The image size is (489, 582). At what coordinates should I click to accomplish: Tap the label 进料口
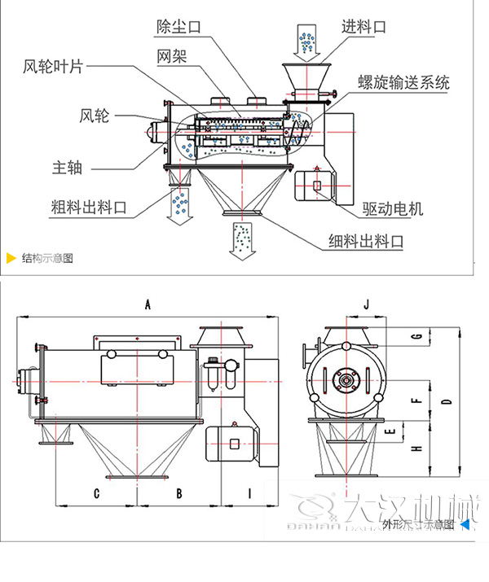coord(364,27)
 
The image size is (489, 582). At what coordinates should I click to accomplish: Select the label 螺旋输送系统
coord(403,82)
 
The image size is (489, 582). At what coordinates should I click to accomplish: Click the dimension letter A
coord(148,305)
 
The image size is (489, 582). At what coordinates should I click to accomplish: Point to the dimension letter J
coord(367,304)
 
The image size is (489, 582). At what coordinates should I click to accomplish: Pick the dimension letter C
coord(96,492)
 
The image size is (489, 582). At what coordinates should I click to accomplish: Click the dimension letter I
coord(249,492)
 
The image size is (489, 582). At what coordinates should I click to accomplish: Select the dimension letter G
coord(416,336)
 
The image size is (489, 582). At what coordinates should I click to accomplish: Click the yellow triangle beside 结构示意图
coord(11,259)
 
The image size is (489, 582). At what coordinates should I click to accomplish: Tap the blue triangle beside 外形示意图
coord(465,524)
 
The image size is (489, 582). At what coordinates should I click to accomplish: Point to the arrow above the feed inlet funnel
coord(306,42)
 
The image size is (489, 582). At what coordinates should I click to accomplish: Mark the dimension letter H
coord(416,449)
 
